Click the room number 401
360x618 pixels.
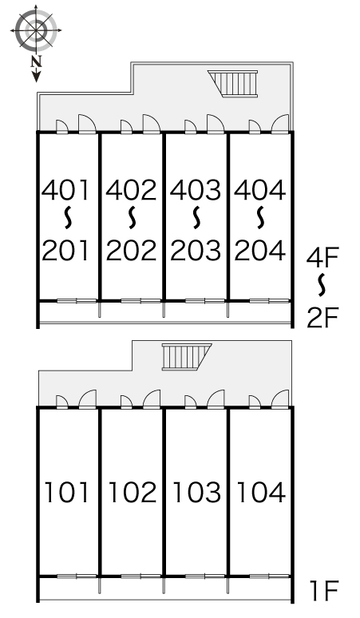coord(65,190)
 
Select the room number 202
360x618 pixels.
coord(131,250)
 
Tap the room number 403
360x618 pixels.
coord(196,190)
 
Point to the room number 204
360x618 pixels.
coord(260,250)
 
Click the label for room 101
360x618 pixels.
coord(65,493)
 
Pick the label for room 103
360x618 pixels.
coord(196,493)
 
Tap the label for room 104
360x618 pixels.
coord(261,493)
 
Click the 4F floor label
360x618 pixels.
coord(322,257)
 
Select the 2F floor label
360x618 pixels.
coord(322,318)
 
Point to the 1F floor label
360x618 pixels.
coord(324,590)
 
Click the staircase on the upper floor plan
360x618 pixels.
coord(233,83)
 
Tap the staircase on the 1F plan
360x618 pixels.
coord(187,357)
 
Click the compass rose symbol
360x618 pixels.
coord(36,30)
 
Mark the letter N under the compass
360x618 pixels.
coord(36,61)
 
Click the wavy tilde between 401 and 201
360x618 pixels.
coord(68,218)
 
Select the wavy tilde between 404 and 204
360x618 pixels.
coord(260,218)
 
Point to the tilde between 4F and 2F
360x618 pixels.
coord(322,285)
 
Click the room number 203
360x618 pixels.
coord(196,250)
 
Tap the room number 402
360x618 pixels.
coord(131,190)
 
